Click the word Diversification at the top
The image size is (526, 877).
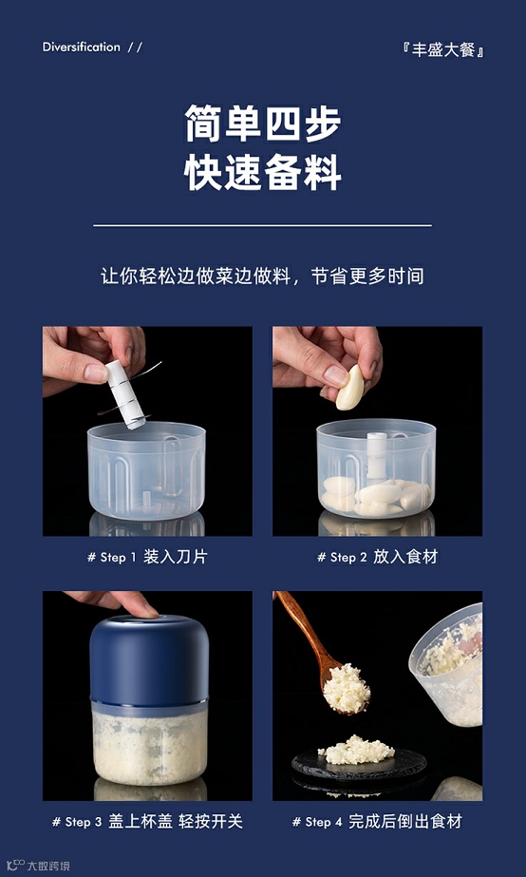click(81, 47)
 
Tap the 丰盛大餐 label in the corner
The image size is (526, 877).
click(442, 50)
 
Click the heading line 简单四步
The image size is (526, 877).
click(263, 124)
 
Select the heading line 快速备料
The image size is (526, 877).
click(263, 172)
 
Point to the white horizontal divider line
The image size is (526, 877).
click(263, 225)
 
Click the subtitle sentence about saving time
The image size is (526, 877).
click(263, 276)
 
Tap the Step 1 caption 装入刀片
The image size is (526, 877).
click(147, 557)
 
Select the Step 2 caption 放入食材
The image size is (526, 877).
click(377, 557)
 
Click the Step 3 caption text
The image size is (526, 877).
click(147, 822)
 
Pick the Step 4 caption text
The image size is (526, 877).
click(377, 822)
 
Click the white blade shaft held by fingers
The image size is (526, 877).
click(125, 394)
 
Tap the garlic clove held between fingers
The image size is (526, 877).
click(350, 387)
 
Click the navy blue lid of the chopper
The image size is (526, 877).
click(149, 658)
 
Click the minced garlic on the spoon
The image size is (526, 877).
click(346, 688)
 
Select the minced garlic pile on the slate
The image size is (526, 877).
click(356, 750)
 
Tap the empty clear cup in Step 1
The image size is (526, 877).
click(146, 470)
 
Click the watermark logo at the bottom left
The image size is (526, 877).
click(38, 866)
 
